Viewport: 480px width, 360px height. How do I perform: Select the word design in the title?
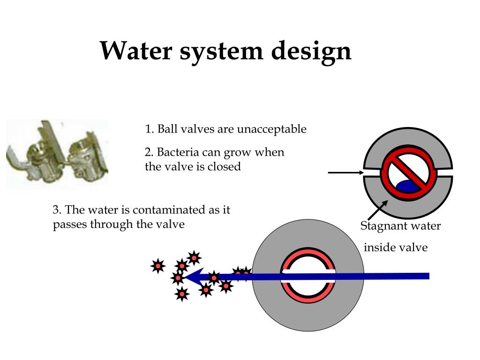312,52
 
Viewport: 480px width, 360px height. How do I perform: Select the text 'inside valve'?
396,247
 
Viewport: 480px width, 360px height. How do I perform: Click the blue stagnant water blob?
407,186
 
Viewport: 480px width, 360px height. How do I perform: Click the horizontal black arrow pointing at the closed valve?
345,172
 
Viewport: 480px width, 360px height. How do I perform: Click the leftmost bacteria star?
158,266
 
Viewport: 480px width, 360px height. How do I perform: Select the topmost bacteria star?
194,257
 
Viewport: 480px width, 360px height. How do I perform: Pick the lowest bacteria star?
181,294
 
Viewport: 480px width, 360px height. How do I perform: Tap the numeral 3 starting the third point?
55,210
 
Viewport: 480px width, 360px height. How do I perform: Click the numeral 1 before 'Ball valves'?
148,129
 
